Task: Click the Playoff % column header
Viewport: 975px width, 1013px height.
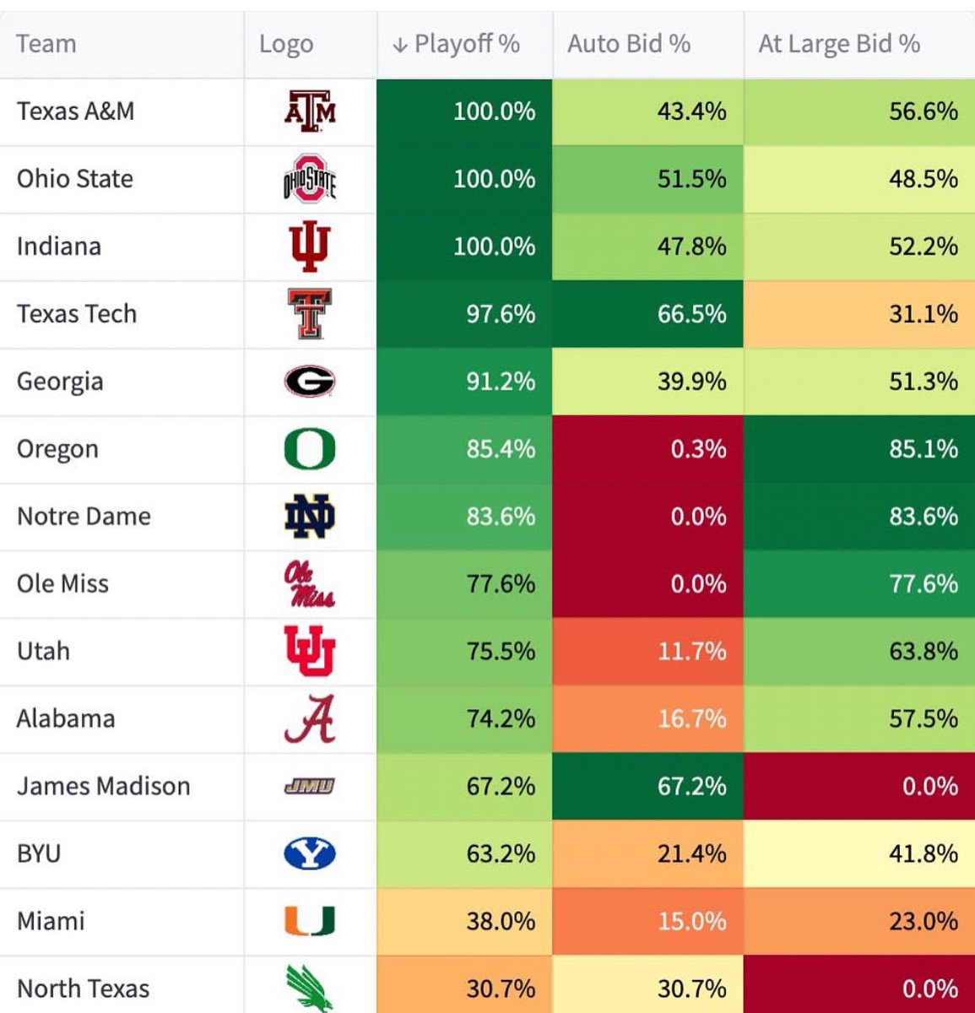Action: tap(466, 44)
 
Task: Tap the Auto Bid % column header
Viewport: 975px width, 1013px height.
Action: tap(629, 44)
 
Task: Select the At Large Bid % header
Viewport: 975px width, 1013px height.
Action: tap(839, 44)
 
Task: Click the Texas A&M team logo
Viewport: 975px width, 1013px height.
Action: tap(310, 111)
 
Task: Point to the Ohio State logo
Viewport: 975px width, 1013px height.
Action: tap(310, 179)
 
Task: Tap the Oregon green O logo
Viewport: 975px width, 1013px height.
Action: tap(310, 449)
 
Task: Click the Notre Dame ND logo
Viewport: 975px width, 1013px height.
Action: tap(310, 517)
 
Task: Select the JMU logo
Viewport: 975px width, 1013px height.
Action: tap(310, 787)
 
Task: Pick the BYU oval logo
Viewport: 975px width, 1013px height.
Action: tap(310, 854)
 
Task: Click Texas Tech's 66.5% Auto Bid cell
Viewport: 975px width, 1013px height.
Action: tap(691, 314)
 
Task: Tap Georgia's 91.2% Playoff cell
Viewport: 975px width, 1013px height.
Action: tap(501, 382)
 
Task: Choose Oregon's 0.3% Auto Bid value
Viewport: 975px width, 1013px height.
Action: tap(698, 449)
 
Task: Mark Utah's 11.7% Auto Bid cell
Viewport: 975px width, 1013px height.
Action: tap(691, 652)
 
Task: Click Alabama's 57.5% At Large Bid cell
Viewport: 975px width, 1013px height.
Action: tap(923, 719)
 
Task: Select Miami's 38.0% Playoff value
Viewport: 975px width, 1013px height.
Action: tap(501, 922)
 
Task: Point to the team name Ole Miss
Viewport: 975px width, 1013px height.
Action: tap(62, 584)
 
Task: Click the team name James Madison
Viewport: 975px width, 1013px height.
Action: tap(103, 787)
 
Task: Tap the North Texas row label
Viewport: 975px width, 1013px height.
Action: tap(83, 989)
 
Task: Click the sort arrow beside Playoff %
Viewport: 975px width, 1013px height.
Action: tap(400, 45)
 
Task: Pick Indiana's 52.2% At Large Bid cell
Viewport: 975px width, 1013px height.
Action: tap(923, 246)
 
